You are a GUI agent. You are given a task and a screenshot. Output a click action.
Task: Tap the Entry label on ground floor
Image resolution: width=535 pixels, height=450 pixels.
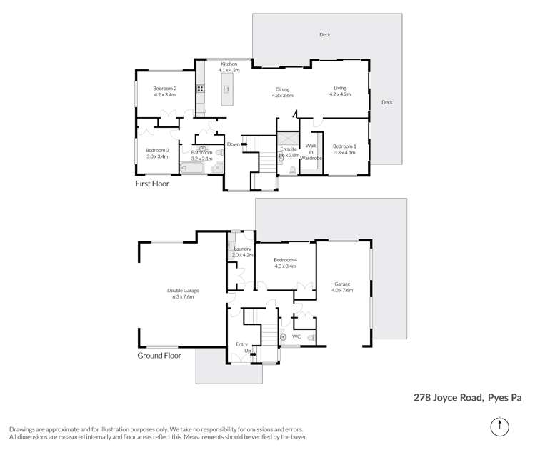[x=241, y=344]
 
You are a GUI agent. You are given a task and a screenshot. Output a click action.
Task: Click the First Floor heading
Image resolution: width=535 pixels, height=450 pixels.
[x=156, y=184]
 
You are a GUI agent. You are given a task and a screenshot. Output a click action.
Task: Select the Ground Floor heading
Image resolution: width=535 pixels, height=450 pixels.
[x=159, y=355]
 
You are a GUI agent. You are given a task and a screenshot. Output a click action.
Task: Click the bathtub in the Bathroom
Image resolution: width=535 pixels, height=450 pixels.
[x=193, y=169]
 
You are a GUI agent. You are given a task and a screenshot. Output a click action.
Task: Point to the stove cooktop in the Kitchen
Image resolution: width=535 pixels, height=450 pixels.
[x=201, y=90]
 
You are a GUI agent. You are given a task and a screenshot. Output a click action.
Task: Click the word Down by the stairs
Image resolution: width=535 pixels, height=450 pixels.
[x=233, y=144]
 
